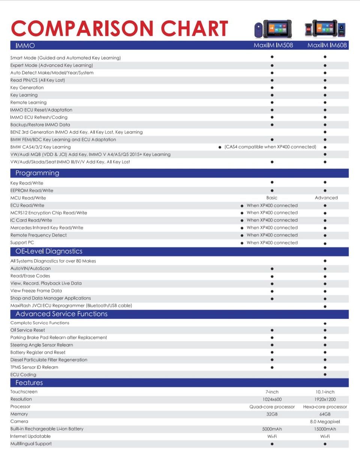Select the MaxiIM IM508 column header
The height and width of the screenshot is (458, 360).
click(x=273, y=46)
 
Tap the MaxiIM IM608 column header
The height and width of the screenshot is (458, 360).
click(x=327, y=46)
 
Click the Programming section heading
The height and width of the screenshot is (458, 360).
click(x=37, y=173)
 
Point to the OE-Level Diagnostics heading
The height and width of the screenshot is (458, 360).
click(x=49, y=251)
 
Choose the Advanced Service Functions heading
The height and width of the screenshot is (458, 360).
click(x=61, y=314)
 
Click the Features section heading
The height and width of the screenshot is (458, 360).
click(x=29, y=383)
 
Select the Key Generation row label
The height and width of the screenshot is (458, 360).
click(x=27, y=87)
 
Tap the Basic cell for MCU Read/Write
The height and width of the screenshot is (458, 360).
click(x=272, y=198)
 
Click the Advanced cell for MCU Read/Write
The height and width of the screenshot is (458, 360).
click(x=326, y=198)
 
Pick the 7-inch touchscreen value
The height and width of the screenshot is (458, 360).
click(x=272, y=392)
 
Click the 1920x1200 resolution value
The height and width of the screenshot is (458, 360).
click(x=325, y=399)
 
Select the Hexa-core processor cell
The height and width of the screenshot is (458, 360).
click(x=325, y=407)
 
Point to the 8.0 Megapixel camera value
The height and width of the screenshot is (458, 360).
click(x=325, y=421)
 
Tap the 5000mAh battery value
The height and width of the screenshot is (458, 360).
click(x=272, y=429)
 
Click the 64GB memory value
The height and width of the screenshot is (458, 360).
click(x=325, y=414)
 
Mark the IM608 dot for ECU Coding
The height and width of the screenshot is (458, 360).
click(x=325, y=374)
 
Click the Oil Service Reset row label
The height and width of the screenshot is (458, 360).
click(x=28, y=330)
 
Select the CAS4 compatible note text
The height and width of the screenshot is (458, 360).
click(x=270, y=147)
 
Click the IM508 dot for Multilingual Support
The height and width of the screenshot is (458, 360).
click(x=272, y=444)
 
